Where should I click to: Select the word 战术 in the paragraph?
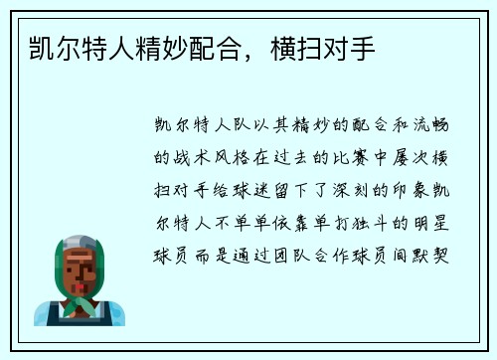point(191,157)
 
